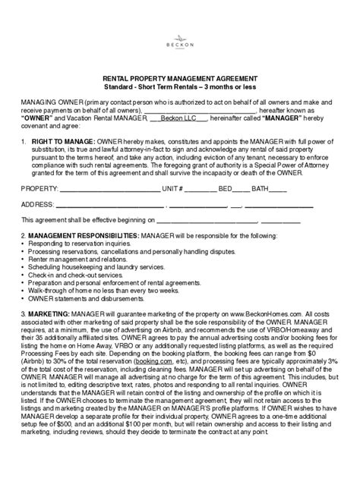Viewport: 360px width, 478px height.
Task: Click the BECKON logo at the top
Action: click(180, 39)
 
